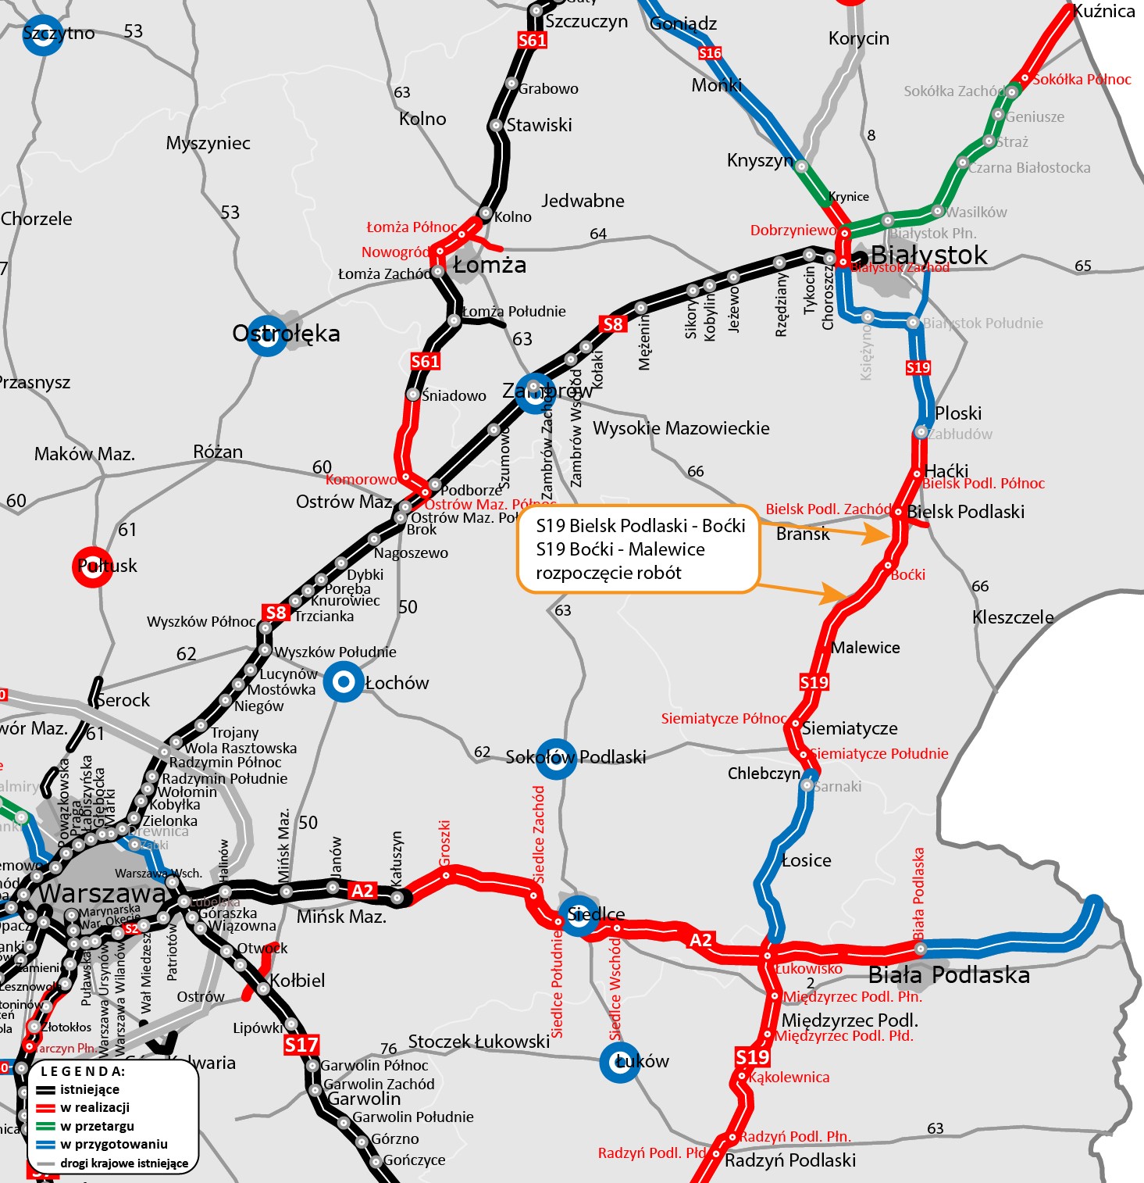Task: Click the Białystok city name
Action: click(928, 256)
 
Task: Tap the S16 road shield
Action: click(710, 53)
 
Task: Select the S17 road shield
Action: click(301, 1045)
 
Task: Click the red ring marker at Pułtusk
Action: click(92, 566)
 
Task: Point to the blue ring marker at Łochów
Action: click(344, 682)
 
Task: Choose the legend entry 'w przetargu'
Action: click(97, 1126)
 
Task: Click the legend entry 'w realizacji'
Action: click(94, 1107)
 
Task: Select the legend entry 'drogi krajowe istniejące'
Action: click(123, 1163)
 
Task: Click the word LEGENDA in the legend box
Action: click(83, 1071)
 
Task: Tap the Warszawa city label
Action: click(102, 893)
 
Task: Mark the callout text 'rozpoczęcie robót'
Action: click(608, 573)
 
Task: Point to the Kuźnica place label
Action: click(1103, 11)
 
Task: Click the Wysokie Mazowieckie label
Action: click(681, 428)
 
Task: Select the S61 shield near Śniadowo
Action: click(426, 361)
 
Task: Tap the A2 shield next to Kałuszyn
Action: click(362, 891)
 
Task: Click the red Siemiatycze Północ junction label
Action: click(724, 718)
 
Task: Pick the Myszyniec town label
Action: click(208, 143)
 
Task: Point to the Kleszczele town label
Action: click(1013, 617)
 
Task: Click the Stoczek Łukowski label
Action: click(479, 1042)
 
